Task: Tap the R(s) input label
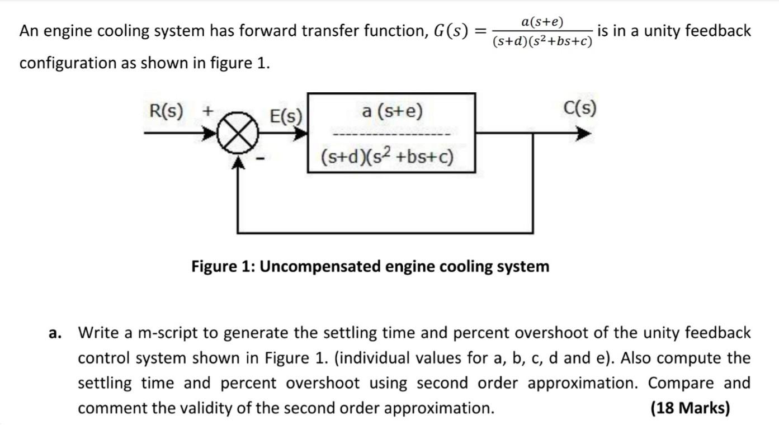point(166,111)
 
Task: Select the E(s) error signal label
point(286,117)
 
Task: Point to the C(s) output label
point(580,107)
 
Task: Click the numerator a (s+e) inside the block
point(392,111)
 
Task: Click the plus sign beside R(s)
point(207,111)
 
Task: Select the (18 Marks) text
point(690,408)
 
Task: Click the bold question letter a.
point(54,333)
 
